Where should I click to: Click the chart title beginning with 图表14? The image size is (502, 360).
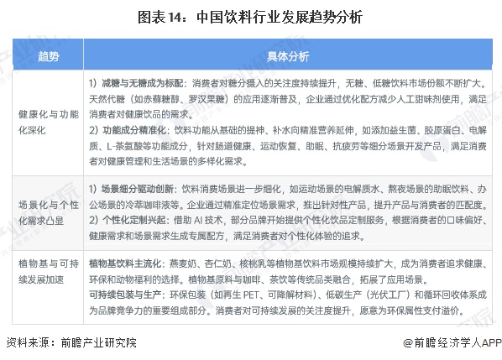point(251,16)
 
